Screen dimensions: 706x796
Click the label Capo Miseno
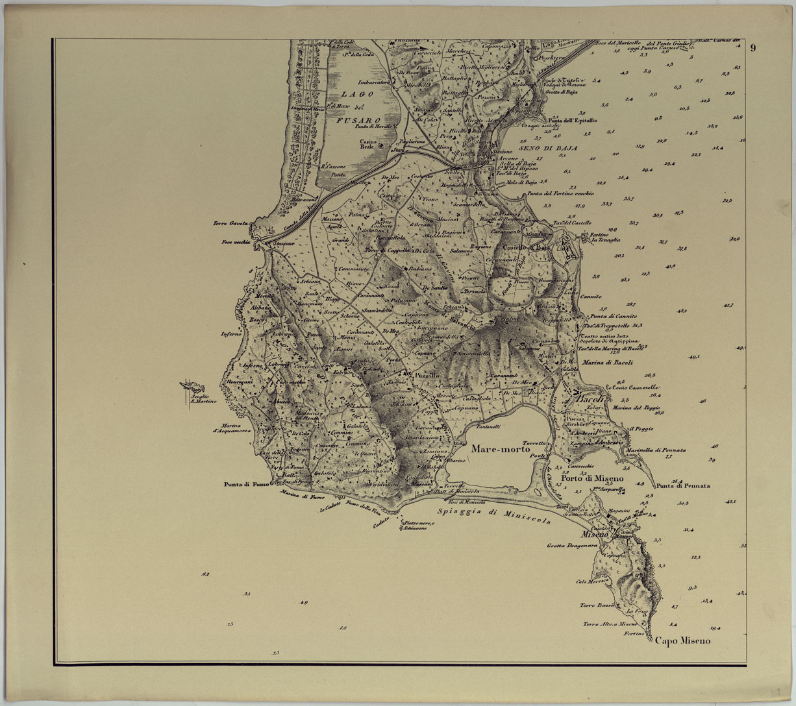pos(682,641)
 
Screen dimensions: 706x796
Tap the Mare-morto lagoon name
pos(501,449)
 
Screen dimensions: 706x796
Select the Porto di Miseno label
pos(597,479)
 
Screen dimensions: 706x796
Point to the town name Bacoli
pos(590,400)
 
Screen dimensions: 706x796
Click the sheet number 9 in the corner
pos(753,47)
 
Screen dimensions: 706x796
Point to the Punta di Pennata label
pos(682,485)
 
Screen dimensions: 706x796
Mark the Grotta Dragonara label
pos(571,546)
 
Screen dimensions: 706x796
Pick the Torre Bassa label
pos(597,605)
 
